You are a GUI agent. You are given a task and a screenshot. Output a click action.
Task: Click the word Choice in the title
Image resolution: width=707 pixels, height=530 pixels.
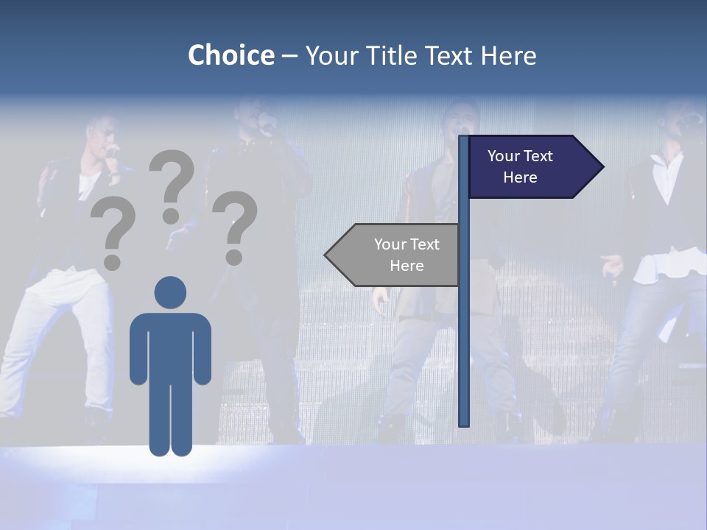coord(231,55)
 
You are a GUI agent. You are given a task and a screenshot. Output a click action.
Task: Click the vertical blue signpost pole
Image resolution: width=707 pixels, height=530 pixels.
coord(464,331)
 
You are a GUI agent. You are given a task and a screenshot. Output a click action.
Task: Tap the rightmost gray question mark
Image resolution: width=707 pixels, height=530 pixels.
coord(235,227)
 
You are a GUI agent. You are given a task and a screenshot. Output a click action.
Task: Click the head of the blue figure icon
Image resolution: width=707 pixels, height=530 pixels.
coord(170,292)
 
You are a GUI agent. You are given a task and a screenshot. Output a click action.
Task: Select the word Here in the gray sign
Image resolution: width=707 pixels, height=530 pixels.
coord(407,266)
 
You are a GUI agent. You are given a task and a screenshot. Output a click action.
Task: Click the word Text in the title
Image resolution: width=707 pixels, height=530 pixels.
coord(449,55)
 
